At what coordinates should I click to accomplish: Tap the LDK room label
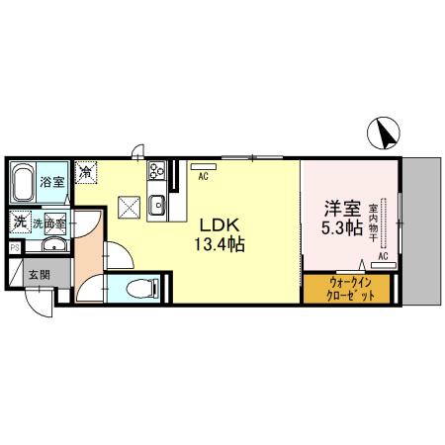[220, 225]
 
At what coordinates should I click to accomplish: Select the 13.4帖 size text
[220, 244]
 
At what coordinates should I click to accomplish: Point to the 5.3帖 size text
[342, 227]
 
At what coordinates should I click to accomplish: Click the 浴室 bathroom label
[51, 182]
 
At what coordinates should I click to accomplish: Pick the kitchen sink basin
[156, 206]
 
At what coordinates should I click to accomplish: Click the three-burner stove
[156, 170]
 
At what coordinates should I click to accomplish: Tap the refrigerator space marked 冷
[86, 172]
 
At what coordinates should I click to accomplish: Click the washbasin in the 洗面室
[54, 244]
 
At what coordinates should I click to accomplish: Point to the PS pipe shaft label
[15, 248]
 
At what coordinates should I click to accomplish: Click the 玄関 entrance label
[40, 275]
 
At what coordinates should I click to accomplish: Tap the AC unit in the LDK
[204, 167]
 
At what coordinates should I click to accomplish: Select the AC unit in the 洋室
[384, 265]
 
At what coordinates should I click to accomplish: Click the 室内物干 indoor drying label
[373, 222]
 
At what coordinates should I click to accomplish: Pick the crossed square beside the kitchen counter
[130, 208]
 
